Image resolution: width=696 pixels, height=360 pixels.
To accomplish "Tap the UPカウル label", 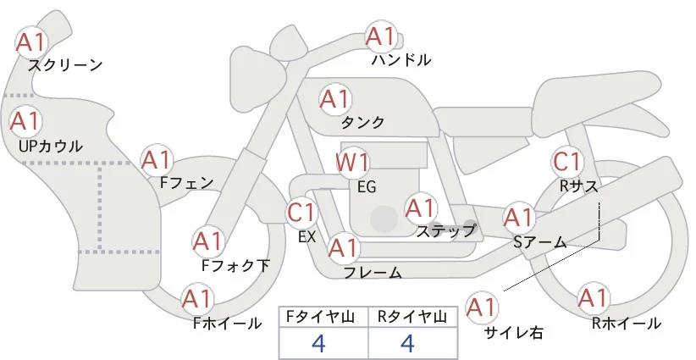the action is click(50, 147).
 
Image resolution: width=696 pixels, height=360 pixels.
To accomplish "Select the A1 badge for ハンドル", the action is click(381, 37).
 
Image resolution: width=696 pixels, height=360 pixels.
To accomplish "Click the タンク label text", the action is click(362, 123).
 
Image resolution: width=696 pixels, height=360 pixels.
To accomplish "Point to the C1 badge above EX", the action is click(301, 212).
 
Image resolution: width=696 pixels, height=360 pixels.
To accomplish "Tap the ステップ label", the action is click(446, 230).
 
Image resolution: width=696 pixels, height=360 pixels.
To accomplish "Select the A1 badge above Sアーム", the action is click(518, 218).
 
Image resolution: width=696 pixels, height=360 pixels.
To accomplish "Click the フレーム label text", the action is click(373, 273).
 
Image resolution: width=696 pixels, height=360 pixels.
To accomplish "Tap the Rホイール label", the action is click(627, 323).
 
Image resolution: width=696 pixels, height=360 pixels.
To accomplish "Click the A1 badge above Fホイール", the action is click(197, 299).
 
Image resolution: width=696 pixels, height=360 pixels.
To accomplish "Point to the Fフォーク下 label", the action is click(236, 265).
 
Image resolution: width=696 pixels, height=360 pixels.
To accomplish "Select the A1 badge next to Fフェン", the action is click(157, 159).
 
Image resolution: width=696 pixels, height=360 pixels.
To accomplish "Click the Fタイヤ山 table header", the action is click(323, 317).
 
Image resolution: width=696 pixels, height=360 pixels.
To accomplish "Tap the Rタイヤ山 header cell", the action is click(412, 317).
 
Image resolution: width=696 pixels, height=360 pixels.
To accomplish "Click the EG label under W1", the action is click(367, 186).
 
